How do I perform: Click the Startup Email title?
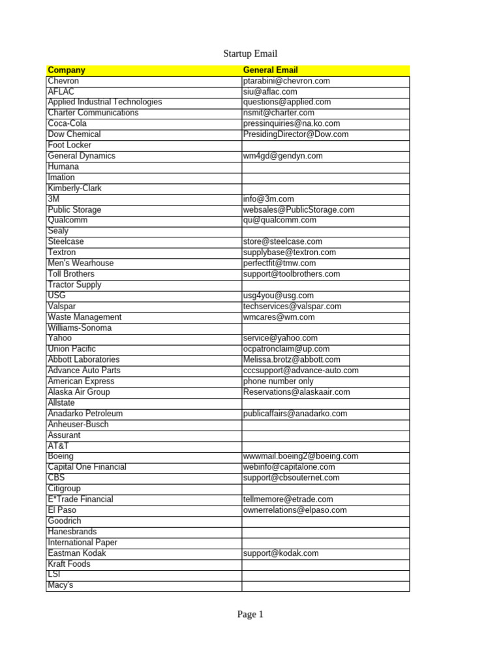click(250, 54)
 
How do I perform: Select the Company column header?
click(67, 70)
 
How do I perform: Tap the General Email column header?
click(270, 70)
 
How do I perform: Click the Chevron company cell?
click(63, 81)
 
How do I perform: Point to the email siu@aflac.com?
click(269, 92)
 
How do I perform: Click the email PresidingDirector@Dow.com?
click(296, 134)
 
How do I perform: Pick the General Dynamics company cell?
click(82, 156)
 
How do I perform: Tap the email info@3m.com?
click(268, 199)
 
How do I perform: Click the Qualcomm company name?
click(68, 220)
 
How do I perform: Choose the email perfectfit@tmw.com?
click(279, 264)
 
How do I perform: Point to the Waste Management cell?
click(85, 317)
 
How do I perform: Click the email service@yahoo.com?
click(280, 339)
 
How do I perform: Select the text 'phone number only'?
click(278, 382)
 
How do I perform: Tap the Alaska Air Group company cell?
click(79, 392)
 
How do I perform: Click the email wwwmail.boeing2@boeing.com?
click(301, 457)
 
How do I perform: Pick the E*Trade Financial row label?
click(80, 500)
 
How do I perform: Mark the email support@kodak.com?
click(281, 553)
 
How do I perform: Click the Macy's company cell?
click(61, 585)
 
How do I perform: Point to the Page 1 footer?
click(250, 615)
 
